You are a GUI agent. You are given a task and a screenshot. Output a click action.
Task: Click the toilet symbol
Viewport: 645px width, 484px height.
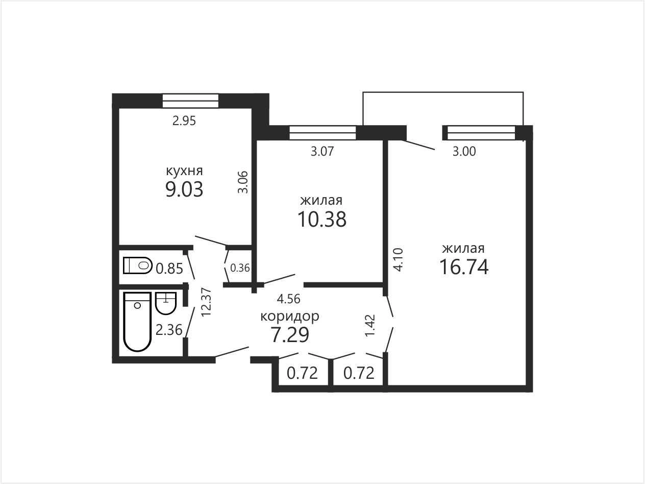pyautogui.click(x=137, y=265)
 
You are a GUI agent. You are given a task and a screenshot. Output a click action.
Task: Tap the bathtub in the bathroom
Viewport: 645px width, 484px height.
pyautogui.click(x=137, y=322)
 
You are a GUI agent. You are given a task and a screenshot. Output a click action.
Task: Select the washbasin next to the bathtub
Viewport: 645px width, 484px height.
pyautogui.click(x=166, y=303)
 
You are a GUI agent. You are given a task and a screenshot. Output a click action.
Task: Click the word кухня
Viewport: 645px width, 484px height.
pyautogui.click(x=184, y=171)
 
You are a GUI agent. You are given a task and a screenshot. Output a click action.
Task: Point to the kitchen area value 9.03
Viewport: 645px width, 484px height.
pyautogui.click(x=184, y=189)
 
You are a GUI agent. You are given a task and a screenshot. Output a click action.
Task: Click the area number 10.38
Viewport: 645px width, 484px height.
pyautogui.click(x=322, y=219)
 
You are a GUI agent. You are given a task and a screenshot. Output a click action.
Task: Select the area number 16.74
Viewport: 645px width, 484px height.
pyautogui.click(x=464, y=267)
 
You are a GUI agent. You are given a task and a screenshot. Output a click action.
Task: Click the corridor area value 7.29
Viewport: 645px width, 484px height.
pyautogui.click(x=290, y=335)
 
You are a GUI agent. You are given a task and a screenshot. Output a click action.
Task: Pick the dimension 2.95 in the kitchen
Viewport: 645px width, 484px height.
pyautogui.click(x=184, y=121)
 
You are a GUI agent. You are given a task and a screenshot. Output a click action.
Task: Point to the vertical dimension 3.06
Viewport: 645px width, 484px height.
pyautogui.click(x=243, y=182)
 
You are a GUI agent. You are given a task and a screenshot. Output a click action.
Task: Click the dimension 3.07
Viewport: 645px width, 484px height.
pyautogui.click(x=323, y=151)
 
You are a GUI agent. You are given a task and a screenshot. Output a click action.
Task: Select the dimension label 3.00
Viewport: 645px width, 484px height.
pyautogui.click(x=464, y=151)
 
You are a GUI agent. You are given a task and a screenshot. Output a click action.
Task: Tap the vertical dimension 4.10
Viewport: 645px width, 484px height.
pyautogui.click(x=398, y=260)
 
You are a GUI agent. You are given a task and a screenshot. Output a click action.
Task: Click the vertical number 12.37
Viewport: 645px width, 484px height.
pyautogui.click(x=206, y=302)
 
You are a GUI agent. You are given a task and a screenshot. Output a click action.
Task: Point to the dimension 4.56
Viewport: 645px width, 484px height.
pyautogui.click(x=288, y=299)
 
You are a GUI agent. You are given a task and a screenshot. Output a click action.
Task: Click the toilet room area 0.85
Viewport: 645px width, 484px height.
pyautogui.click(x=169, y=269)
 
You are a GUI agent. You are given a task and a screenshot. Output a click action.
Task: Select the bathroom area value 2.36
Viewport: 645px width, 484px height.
pyautogui.click(x=169, y=330)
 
